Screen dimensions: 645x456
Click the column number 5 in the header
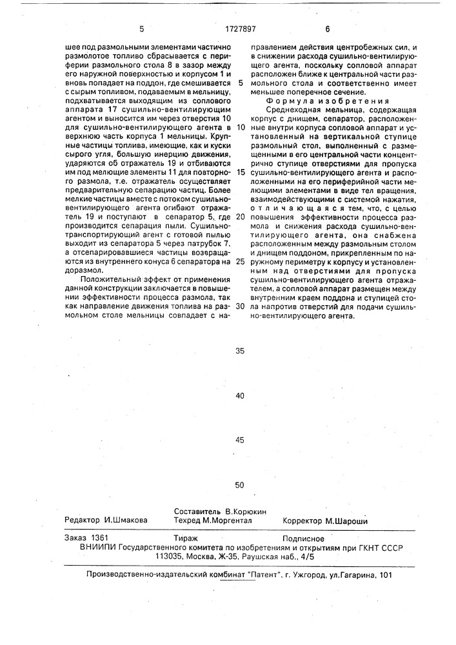pos(141,28)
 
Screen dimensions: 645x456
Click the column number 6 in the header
pos(327,28)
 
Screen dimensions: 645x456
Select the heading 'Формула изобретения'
pos(327,101)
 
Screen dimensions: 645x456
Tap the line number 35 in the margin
pos(240,352)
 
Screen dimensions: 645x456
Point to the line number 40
pos(240,396)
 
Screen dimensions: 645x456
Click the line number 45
pos(240,441)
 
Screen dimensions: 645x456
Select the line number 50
pos(240,485)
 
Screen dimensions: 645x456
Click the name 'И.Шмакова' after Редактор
pos(126,520)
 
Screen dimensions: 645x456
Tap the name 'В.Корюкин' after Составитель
pos(246,511)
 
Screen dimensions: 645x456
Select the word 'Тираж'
pos(186,538)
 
